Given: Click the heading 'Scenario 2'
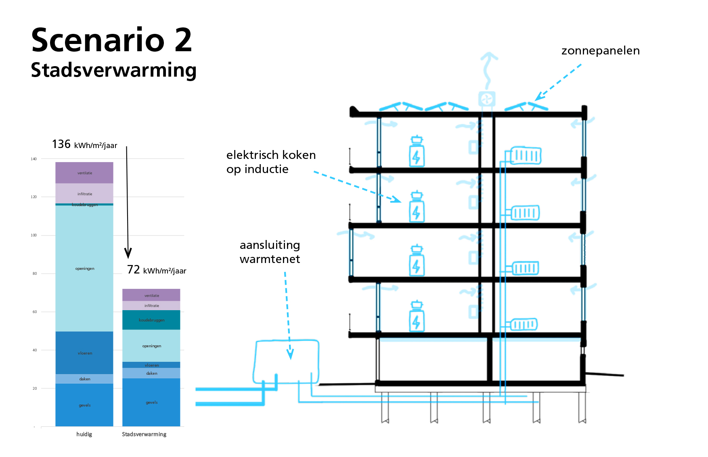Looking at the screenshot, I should [111, 40].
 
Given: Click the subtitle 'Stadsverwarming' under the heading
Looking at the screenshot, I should [113, 70].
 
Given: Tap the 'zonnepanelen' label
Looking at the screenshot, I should [600, 51].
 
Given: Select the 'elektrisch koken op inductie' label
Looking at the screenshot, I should [271, 162].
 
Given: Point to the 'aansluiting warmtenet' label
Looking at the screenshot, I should [270, 252].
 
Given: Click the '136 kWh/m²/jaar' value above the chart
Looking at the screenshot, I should [84, 144].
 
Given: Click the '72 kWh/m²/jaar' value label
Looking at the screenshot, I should [157, 270].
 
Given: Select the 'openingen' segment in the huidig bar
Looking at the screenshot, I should [84, 268].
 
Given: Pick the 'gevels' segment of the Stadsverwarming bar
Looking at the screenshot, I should [151, 402].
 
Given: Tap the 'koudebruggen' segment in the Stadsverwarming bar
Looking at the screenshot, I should [151, 320].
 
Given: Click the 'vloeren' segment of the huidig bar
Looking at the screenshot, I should [84, 353].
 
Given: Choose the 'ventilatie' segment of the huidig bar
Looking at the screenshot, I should [84, 173].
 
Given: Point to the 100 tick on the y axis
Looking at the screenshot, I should [34, 235].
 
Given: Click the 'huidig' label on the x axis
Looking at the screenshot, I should [84, 434].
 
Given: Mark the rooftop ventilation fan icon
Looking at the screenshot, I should [487, 99].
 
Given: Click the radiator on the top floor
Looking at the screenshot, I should [525, 156].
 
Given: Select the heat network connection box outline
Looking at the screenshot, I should [286, 362].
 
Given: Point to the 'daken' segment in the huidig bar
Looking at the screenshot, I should [84, 379].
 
